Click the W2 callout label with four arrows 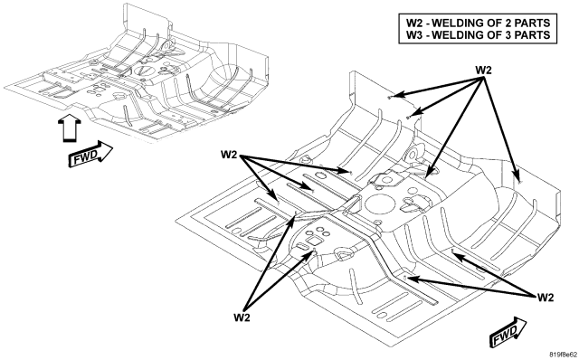tap(483, 70)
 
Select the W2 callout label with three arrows tap(229, 155)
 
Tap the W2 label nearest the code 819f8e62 tap(545, 297)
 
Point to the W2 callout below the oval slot tap(242, 317)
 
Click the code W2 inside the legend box tap(416, 23)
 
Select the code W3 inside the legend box tap(416, 34)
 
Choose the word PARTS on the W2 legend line tap(533, 23)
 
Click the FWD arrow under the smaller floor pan tap(90, 154)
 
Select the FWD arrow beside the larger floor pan tap(508, 332)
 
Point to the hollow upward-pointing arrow tap(70, 128)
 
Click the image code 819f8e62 tap(563, 355)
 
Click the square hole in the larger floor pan tap(315, 242)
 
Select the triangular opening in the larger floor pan tap(343, 254)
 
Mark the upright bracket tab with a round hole tap(413, 156)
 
